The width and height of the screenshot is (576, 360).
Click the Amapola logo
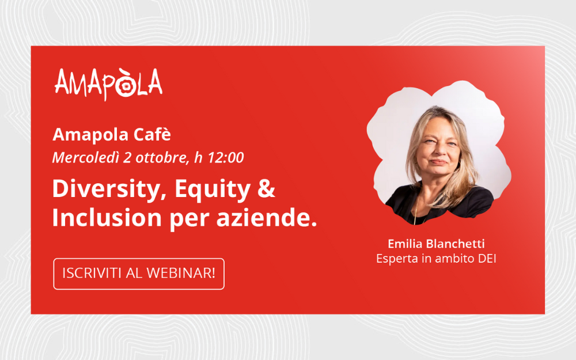pyautogui.click(x=108, y=84)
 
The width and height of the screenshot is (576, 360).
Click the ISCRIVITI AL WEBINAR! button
pyautogui.click(x=139, y=274)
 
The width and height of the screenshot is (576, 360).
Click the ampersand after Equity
pyautogui.click(x=266, y=189)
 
